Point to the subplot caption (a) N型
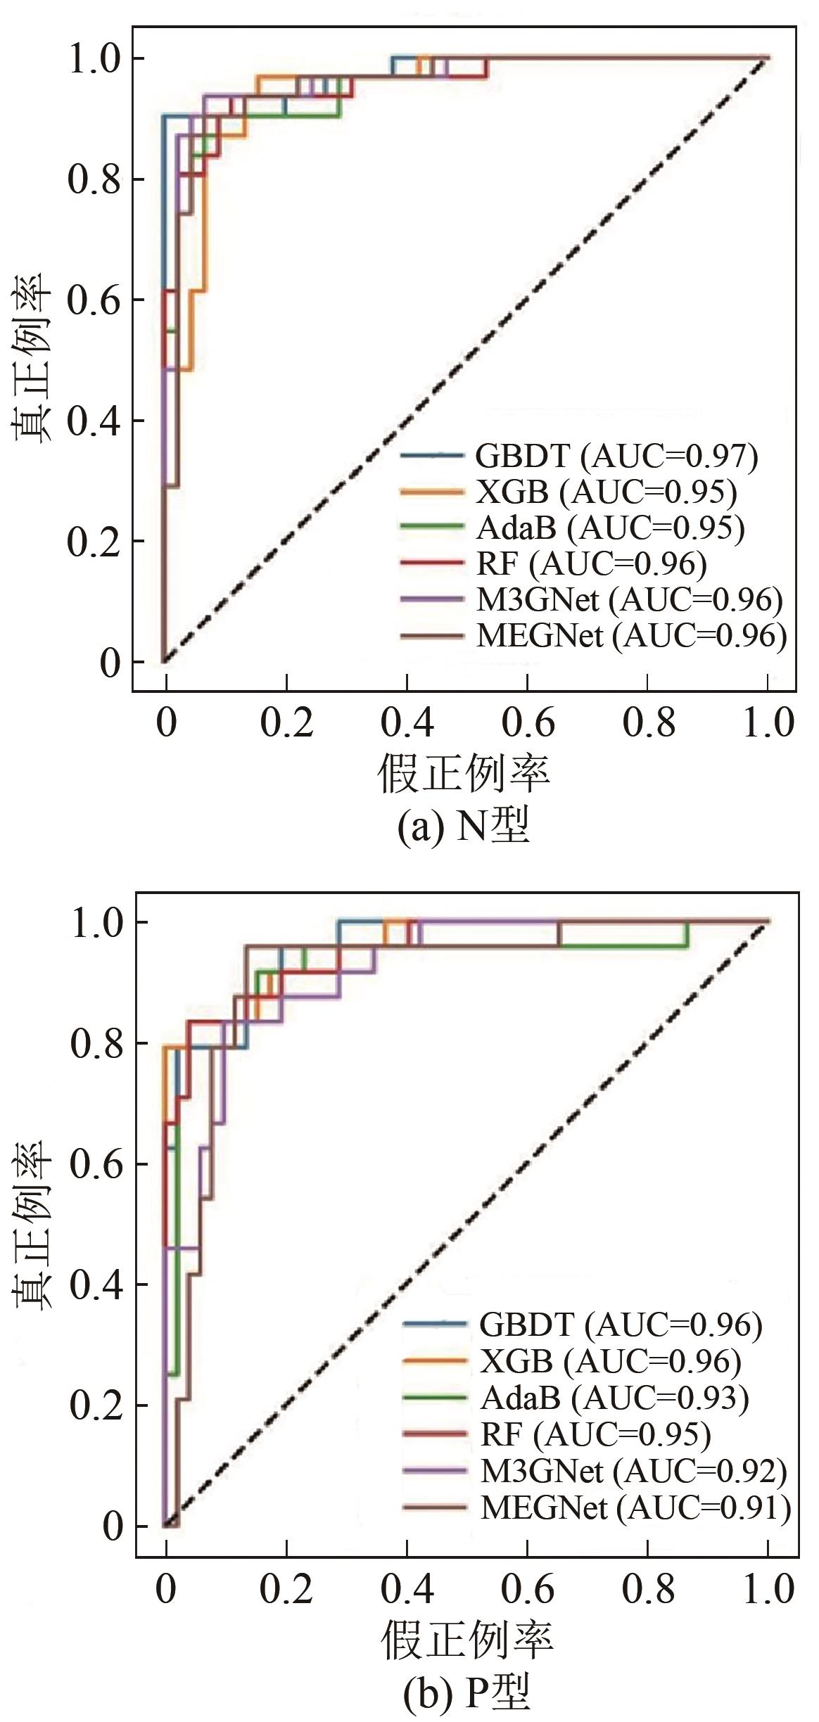(x=464, y=827)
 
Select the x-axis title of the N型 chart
(x=464, y=774)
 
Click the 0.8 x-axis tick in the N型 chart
(x=648, y=724)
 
